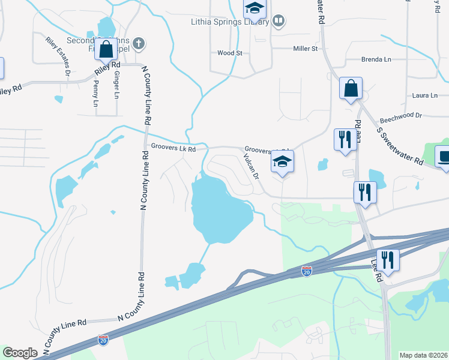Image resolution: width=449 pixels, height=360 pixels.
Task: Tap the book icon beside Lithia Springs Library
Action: (x=278, y=22)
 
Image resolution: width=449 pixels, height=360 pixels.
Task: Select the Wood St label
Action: (x=229, y=53)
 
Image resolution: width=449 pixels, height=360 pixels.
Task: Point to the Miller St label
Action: (x=305, y=48)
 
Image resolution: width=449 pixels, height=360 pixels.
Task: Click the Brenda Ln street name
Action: (x=376, y=59)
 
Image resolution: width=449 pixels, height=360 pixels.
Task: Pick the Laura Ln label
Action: (x=425, y=95)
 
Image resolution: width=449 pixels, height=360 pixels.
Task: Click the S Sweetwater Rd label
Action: (x=400, y=145)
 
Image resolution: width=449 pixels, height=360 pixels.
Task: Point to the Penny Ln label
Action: (x=95, y=93)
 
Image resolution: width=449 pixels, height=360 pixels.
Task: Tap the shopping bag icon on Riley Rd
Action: (x=106, y=49)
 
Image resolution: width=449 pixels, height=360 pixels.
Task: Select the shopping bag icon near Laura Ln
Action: (x=351, y=88)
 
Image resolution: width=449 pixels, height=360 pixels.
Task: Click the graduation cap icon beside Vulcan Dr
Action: (x=282, y=161)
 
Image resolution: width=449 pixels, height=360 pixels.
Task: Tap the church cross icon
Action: (x=139, y=43)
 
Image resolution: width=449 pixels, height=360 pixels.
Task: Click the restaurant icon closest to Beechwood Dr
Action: (x=344, y=140)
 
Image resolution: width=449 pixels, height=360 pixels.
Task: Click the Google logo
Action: (x=20, y=353)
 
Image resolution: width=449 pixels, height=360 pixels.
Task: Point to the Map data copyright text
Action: (x=424, y=355)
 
